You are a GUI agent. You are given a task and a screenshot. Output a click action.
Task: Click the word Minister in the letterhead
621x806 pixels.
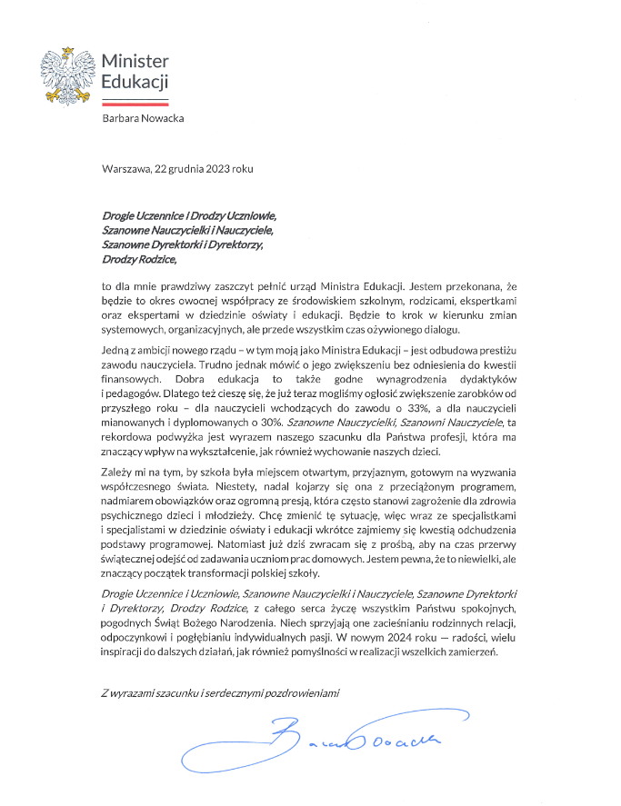pos(135,61)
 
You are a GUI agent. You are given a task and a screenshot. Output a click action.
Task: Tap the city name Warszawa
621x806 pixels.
pos(127,170)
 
